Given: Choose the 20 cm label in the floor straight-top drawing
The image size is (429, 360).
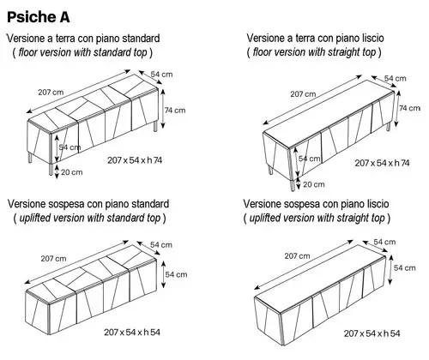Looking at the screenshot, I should tap(314, 184).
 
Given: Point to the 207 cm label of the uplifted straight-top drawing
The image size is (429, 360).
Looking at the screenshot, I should tap(297, 255).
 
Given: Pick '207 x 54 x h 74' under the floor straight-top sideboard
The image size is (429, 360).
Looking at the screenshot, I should tap(380, 163).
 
